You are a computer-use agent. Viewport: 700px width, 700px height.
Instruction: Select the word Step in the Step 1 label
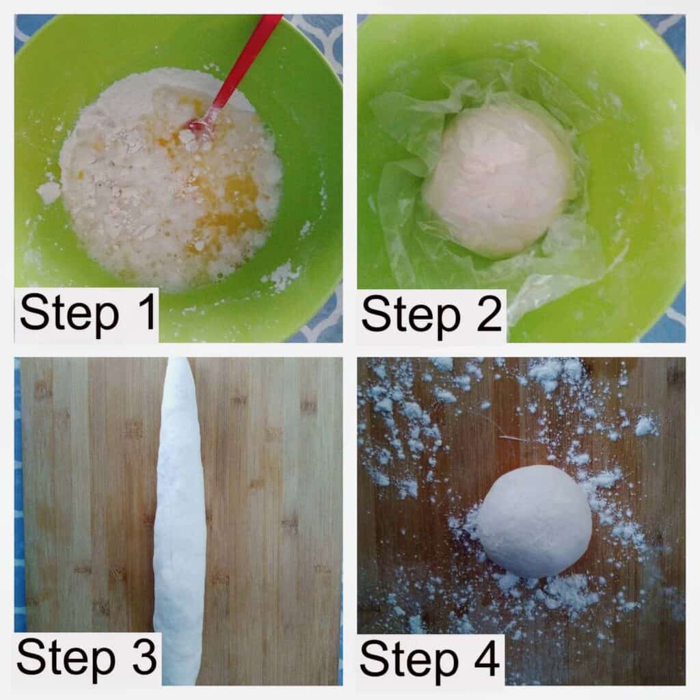(x=70, y=314)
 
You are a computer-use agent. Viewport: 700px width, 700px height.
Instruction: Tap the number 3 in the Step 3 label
(x=144, y=657)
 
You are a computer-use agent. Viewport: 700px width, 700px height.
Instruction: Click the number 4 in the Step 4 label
(x=486, y=658)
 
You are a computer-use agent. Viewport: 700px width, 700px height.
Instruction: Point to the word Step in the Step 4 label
(x=409, y=662)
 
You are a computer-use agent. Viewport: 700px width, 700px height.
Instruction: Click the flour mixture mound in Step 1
(x=170, y=178)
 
